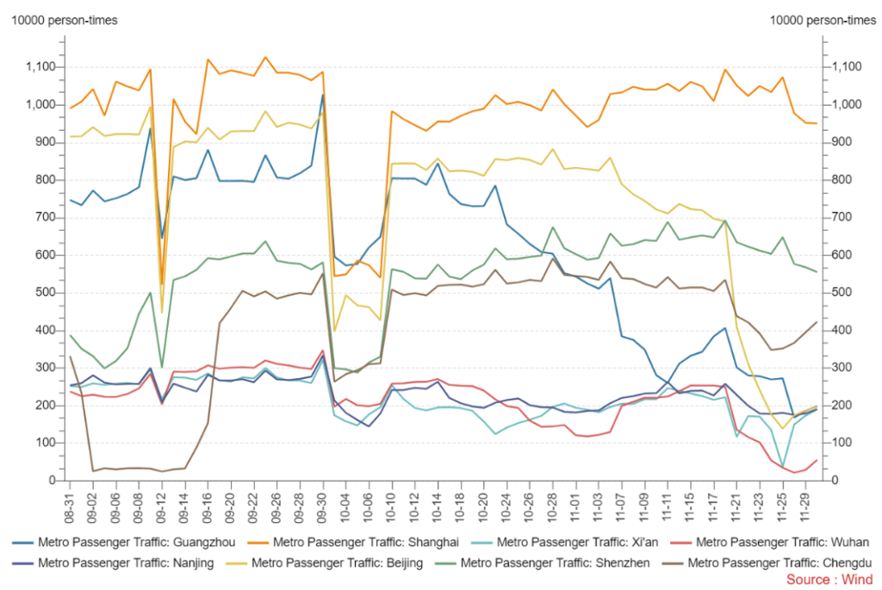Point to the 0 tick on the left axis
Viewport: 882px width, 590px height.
(53, 481)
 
